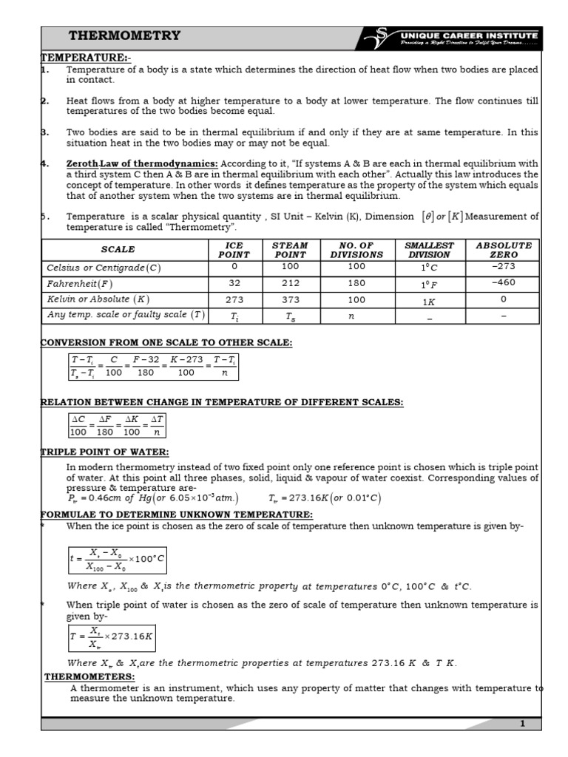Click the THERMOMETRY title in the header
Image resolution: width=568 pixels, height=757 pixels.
tap(124, 36)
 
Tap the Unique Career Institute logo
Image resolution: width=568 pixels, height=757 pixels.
tap(453, 38)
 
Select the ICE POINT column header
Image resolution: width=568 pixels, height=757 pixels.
tap(234, 250)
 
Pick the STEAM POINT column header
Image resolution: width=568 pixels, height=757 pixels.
tap(290, 250)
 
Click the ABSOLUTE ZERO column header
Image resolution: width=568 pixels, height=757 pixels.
tap(503, 250)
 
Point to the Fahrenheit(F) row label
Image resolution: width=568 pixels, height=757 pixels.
tap(80, 283)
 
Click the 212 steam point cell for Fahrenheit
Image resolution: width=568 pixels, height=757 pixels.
tap(290, 283)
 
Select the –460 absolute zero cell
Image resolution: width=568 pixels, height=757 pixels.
tap(503, 282)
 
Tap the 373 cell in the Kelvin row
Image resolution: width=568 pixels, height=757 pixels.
tap(290, 299)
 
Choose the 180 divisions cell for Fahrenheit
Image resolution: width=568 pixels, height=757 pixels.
tap(356, 283)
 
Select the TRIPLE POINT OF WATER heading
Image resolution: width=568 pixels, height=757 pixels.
tap(104, 452)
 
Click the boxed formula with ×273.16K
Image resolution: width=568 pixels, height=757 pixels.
tap(111, 637)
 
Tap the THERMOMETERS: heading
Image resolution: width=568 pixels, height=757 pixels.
tap(89, 676)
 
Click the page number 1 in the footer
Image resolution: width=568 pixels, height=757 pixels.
tap(522, 724)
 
